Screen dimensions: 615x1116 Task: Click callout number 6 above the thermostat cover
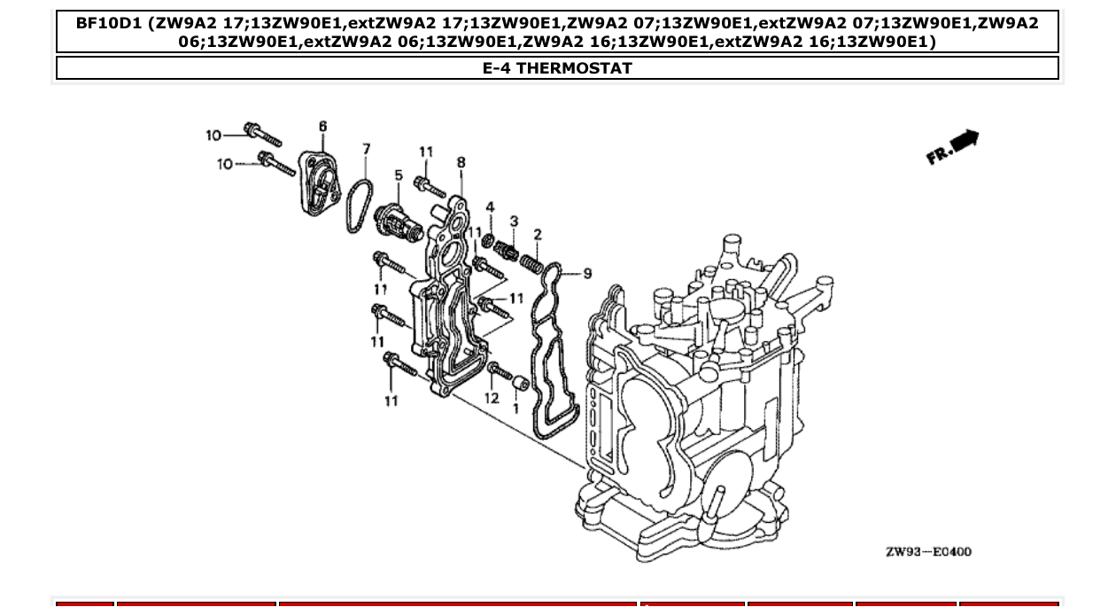[322, 127]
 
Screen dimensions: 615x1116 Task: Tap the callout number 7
[366, 150]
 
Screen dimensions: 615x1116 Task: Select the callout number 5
[399, 175]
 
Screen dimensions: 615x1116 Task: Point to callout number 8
[461, 162]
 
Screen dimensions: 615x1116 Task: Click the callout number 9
[587, 274]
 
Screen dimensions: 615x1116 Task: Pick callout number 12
[492, 399]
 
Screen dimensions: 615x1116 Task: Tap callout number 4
[490, 207]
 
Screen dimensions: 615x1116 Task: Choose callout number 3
[514, 221]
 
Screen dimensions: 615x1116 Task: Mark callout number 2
[537, 234]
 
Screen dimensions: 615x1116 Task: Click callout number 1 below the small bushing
[516, 409]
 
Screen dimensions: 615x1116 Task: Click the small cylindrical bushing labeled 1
[521, 385]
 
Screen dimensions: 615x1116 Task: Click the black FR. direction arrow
[965, 141]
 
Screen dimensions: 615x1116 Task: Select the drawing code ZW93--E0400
[928, 552]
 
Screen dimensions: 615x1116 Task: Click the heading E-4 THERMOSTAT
[557, 68]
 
